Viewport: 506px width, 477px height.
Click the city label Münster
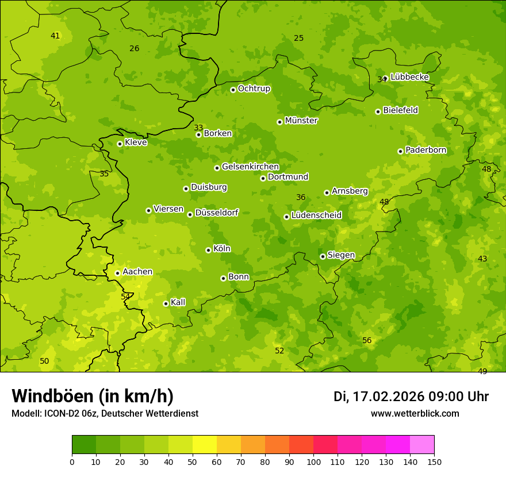(x=301, y=121)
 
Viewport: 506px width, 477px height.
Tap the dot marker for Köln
(x=208, y=250)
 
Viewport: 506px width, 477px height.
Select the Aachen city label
(x=137, y=272)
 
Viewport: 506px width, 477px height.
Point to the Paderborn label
(x=425, y=150)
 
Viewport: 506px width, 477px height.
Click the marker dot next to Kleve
(x=120, y=144)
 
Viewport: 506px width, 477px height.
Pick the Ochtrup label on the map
(x=254, y=89)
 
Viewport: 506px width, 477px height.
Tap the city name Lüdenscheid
(x=316, y=216)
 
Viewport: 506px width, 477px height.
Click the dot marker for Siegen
(x=323, y=256)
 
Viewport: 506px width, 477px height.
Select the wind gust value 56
(x=367, y=341)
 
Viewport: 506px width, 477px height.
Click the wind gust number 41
(x=55, y=36)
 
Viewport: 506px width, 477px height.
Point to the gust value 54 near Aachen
(x=125, y=297)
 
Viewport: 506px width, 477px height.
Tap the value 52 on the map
(x=279, y=351)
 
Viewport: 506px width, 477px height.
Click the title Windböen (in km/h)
(x=93, y=396)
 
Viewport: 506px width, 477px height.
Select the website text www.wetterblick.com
(x=415, y=413)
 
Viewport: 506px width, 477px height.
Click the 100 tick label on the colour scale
(x=313, y=461)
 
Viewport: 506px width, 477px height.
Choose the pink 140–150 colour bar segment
(x=421, y=445)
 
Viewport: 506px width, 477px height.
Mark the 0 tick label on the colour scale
(x=72, y=461)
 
